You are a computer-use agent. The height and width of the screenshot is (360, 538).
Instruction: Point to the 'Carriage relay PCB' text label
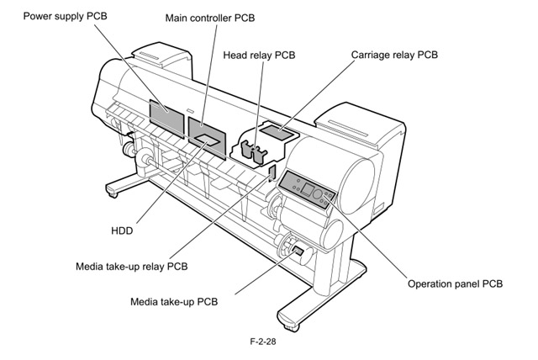[x=396, y=55]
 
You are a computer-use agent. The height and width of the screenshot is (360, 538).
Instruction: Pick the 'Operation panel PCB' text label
[x=455, y=284]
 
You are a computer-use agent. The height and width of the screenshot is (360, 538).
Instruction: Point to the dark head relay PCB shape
[x=252, y=150]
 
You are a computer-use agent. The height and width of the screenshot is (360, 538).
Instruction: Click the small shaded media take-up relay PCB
[x=271, y=172]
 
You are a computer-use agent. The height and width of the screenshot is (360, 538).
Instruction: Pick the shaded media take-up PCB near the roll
[x=297, y=250]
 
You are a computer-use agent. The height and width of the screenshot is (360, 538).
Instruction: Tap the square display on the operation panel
[x=309, y=189]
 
